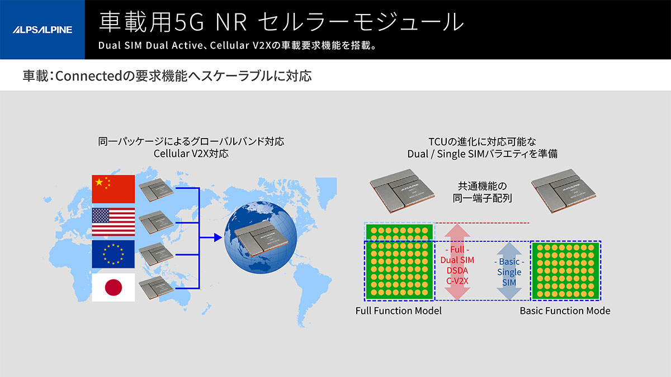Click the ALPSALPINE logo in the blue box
click(42, 30)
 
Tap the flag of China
click(113, 189)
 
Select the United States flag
click(113, 222)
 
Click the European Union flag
click(113, 254)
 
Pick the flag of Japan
click(113, 287)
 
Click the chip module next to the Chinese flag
click(156, 190)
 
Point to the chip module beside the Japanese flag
click(156, 288)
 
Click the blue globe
click(261, 237)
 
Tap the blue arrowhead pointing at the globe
click(218, 238)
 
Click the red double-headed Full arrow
click(457, 262)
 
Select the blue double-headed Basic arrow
click(509, 271)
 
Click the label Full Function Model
click(398, 311)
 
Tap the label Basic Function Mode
click(565, 311)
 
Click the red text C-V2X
click(457, 281)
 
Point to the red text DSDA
click(457, 270)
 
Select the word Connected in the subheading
click(89, 76)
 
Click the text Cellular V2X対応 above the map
click(191, 154)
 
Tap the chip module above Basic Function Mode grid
click(564, 191)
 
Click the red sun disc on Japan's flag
click(113, 288)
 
